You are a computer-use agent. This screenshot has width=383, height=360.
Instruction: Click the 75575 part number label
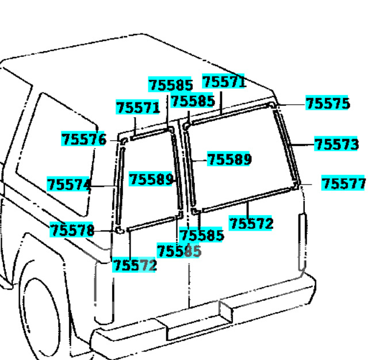pyautogui.click(x=327, y=104)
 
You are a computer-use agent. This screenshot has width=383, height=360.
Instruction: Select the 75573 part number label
pyautogui.click(x=336, y=144)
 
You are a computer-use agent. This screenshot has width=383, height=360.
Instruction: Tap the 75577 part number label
pyautogui.click(x=343, y=184)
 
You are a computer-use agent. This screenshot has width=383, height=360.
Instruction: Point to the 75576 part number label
pyautogui.click(x=84, y=139)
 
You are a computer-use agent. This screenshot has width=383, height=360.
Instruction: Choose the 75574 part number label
pyautogui.click(x=69, y=185)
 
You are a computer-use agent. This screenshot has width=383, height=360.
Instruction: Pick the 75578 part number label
pyautogui.click(x=72, y=231)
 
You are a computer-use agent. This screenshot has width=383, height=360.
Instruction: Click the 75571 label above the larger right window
pyautogui.click(x=224, y=82)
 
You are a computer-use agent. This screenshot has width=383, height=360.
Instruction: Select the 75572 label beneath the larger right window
pyautogui.click(x=251, y=223)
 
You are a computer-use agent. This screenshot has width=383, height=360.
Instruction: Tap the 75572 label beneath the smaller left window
pyautogui.click(x=135, y=265)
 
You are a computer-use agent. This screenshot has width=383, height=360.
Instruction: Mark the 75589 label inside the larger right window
pyautogui.click(x=229, y=159)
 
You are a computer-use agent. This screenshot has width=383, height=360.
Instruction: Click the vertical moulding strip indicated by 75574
pyautogui.click(x=119, y=187)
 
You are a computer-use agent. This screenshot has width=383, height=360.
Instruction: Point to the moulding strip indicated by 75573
pyautogui.click(x=286, y=144)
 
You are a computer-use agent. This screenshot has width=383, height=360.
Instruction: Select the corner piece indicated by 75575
pyautogui.click(x=273, y=106)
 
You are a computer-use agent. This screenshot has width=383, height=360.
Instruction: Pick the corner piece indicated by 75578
pyautogui.click(x=120, y=231)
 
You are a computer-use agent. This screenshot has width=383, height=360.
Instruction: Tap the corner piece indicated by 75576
pyautogui.click(x=124, y=140)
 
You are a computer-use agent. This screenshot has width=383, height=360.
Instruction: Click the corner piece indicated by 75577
pyautogui.click(x=297, y=185)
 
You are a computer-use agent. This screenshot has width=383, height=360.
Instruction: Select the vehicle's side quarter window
pyautogui.click(x=58, y=150)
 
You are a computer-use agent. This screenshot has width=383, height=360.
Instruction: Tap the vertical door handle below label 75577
pyautogui.click(x=302, y=242)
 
